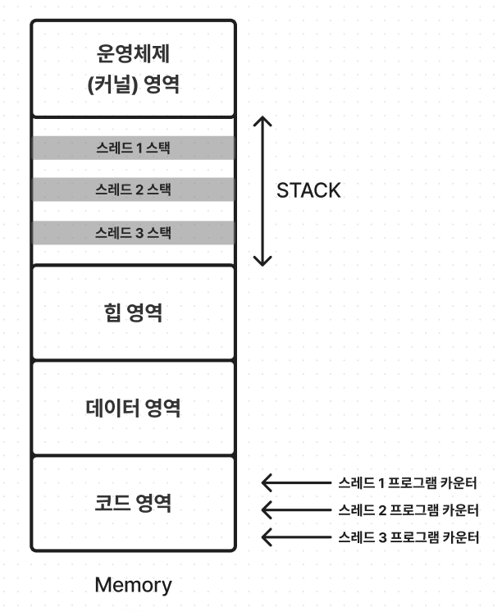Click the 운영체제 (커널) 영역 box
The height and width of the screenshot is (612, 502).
tap(133, 69)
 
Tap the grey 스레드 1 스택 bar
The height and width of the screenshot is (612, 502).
tap(133, 148)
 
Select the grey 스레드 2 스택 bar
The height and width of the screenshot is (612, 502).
tap(133, 190)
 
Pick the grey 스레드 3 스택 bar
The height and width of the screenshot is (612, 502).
tap(133, 232)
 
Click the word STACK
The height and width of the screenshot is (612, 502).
tap(308, 191)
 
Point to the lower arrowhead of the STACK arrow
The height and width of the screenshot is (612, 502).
tap(262, 261)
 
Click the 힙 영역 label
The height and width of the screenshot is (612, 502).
tap(133, 313)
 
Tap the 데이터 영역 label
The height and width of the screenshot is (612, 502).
tap(133, 408)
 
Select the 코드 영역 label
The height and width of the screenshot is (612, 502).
tap(133, 503)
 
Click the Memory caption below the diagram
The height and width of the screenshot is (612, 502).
tap(133, 585)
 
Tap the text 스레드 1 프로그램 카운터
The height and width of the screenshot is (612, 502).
tap(408, 482)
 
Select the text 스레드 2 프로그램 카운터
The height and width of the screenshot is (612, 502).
tap(408, 509)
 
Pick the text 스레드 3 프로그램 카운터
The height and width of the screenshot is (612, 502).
tap(408, 537)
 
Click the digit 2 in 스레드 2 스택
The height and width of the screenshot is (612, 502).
tap(139, 190)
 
